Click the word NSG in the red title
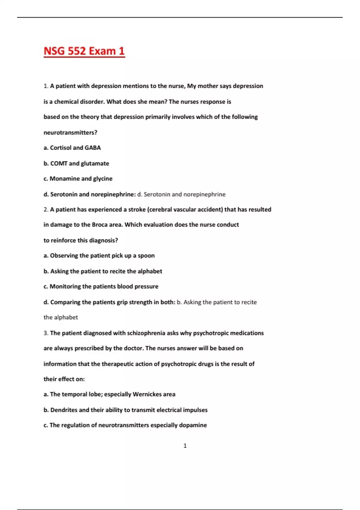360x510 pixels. [x=54, y=51]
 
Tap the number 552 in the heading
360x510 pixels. [x=76, y=51]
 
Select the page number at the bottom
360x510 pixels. [x=185, y=446]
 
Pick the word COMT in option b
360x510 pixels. [x=59, y=163]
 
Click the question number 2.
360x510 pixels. [x=46, y=209]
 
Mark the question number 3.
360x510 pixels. [x=46, y=333]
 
